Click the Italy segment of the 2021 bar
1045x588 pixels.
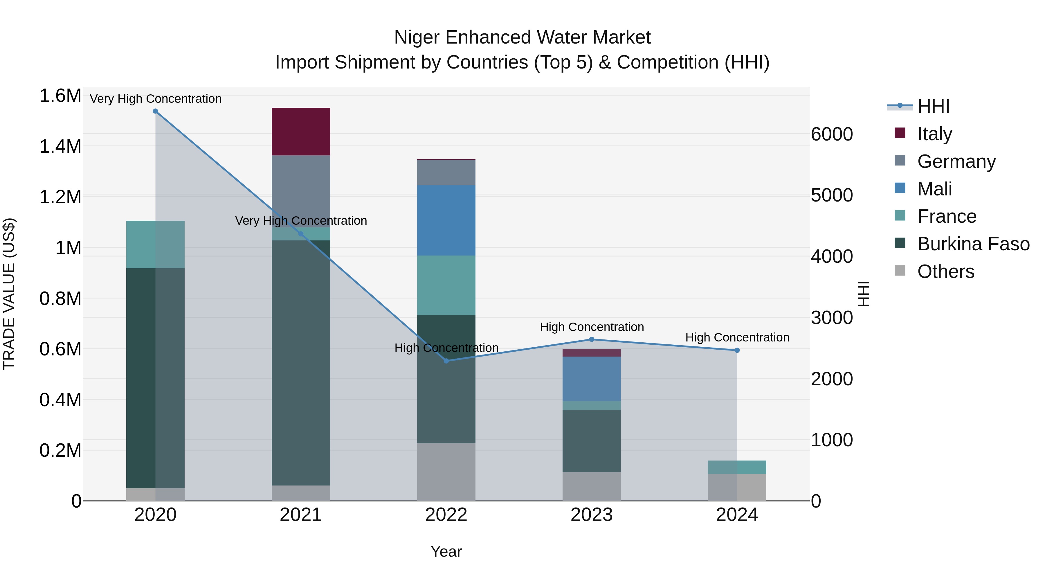click(x=301, y=132)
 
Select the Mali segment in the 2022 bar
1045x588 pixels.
click(x=446, y=220)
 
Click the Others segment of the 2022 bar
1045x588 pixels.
click(x=446, y=472)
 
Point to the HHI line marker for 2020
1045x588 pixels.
click(x=155, y=111)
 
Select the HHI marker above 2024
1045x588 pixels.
click(x=737, y=350)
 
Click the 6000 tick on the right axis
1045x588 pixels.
click(x=832, y=134)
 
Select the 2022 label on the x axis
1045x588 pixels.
click(x=446, y=515)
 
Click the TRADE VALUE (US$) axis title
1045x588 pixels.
click(x=9, y=294)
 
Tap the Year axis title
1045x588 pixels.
click(x=446, y=551)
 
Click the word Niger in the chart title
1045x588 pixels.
click(x=417, y=37)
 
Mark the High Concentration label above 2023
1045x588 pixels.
click(x=592, y=327)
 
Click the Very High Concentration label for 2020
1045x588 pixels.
click(x=155, y=99)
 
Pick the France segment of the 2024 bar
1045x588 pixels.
click(x=737, y=467)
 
